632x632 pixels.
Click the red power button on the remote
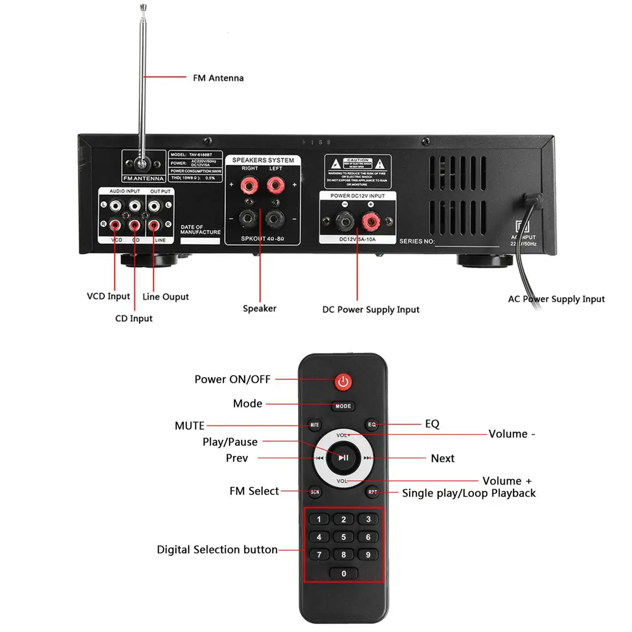pyautogui.click(x=343, y=382)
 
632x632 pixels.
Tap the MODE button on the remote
pyautogui.click(x=343, y=406)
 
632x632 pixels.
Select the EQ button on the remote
pyautogui.click(x=372, y=424)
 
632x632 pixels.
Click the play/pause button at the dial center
pyautogui.click(x=343, y=458)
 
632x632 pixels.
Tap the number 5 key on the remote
pyautogui.click(x=343, y=537)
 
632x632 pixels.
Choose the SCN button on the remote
pyautogui.click(x=315, y=492)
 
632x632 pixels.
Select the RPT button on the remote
pyautogui.click(x=372, y=492)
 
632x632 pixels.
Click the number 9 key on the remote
pyautogui.click(x=368, y=555)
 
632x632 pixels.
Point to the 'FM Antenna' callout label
pyautogui.click(x=218, y=78)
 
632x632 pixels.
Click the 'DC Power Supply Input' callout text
pyautogui.click(x=371, y=310)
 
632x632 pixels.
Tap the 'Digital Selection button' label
pyautogui.click(x=217, y=550)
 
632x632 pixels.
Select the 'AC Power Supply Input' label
pyautogui.click(x=556, y=299)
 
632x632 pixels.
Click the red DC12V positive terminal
pyautogui.click(x=371, y=222)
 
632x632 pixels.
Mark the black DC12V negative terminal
pyautogui.click(x=344, y=221)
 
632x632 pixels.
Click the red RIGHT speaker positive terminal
pyautogui.click(x=249, y=185)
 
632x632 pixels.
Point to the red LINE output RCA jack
pyautogui.click(x=154, y=225)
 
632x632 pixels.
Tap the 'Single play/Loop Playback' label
pyautogui.click(x=469, y=493)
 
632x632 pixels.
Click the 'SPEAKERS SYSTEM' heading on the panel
pyautogui.click(x=263, y=160)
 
